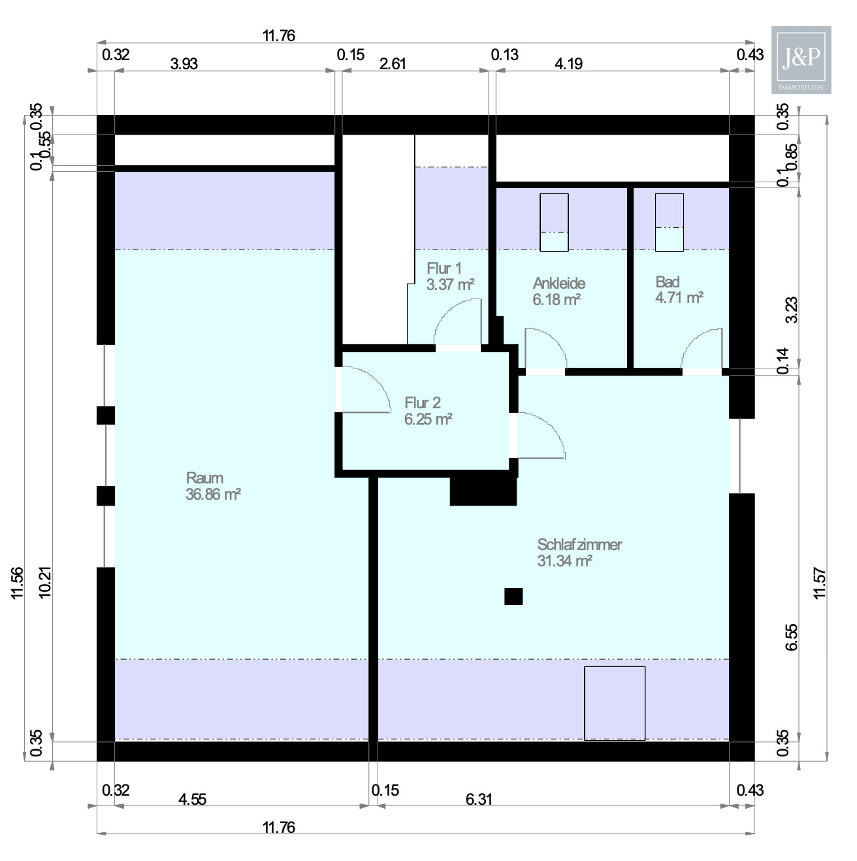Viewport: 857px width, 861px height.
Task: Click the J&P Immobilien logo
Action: [x=801, y=60]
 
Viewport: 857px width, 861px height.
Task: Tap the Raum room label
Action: [x=204, y=478]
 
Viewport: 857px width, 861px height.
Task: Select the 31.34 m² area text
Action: [x=564, y=561]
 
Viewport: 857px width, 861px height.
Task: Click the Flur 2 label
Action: [x=422, y=402]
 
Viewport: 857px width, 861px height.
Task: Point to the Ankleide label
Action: [x=558, y=283]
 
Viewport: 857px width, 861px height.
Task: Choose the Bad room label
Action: [x=667, y=282]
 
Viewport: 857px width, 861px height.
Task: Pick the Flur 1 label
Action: [x=444, y=268]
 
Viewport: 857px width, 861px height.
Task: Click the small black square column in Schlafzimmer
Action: [x=513, y=596]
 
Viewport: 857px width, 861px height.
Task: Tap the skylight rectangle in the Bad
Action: [x=669, y=222]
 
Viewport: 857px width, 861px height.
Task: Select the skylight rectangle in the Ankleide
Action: [x=554, y=222]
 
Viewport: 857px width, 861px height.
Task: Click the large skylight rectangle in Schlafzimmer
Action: [x=614, y=703]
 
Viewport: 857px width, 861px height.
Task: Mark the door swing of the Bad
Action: [x=703, y=349]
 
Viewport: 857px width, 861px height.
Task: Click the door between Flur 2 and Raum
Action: [x=363, y=390]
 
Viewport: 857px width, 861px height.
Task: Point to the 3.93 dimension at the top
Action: [x=184, y=63]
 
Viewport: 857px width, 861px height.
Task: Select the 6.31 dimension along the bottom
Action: [x=479, y=799]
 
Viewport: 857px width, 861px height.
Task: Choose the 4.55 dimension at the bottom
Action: [x=193, y=799]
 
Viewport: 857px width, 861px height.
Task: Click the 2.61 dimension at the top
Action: [x=393, y=63]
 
